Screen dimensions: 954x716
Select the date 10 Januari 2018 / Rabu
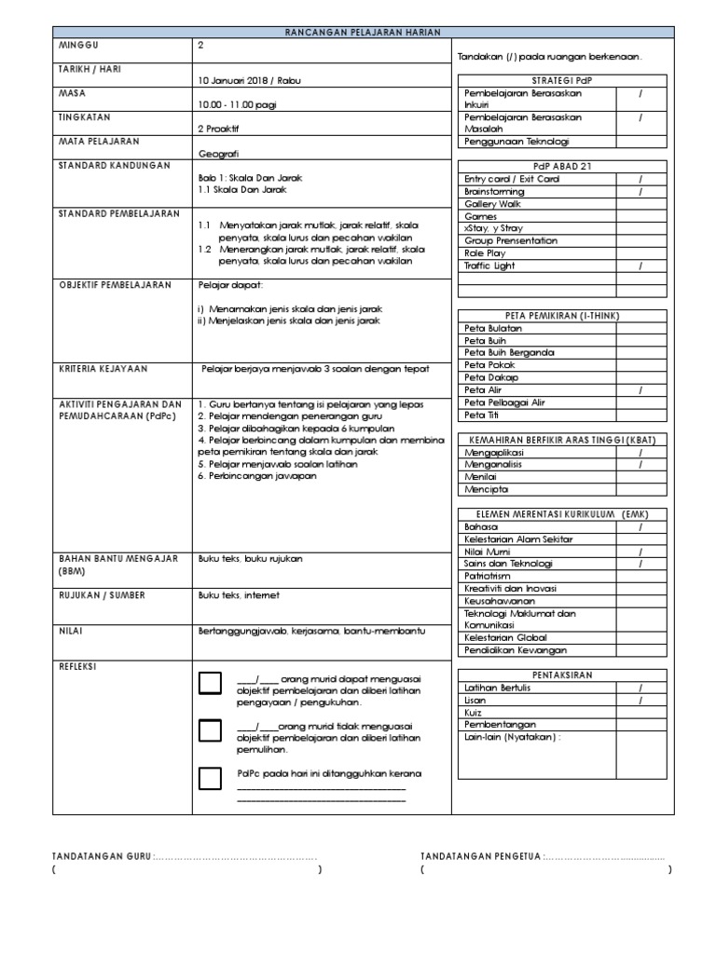pyautogui.click(x=250, y=80)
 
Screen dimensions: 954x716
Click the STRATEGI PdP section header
pyautogui.click(x=561, y=80)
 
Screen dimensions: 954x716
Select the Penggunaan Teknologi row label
pyautogui.click(x=516, y=142)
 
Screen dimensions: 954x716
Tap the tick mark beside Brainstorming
pyautogui.click(x=640, y=191)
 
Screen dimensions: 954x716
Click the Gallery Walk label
pyautogui.click(x=493, y=203)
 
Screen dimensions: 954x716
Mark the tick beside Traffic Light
pyautogui.click(x=640, y=266)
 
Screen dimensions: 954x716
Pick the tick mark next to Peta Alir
pyautogui.click(x=640, y=389)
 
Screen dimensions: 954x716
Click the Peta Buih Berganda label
pyautogui.click(x=509, y=352)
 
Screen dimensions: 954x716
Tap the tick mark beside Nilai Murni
pyautogui.click(x=640, y=552)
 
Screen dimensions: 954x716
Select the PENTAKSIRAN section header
pyautogui.click(x=561, y=675)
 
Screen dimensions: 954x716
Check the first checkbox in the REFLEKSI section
pyautogui.click(x=211, y=683)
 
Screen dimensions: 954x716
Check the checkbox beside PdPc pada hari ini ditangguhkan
pyautogui.click(x=211, y=777)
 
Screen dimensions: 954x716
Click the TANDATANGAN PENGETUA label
pyautogui.click(x=480, y=856)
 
